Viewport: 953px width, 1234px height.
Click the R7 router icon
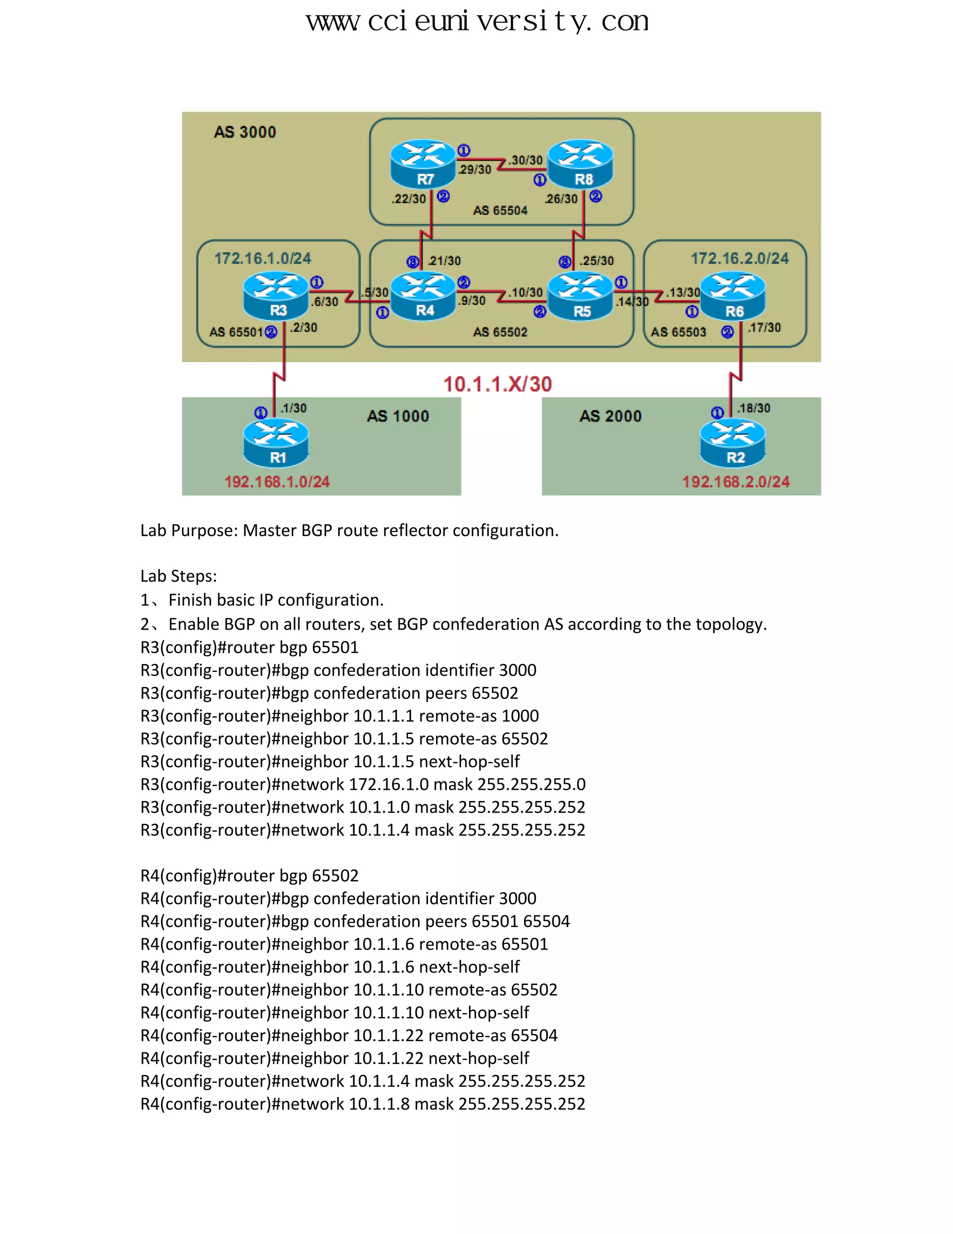(423, 164)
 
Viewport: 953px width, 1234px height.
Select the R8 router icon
(580, 164)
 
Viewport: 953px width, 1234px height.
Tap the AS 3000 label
(244, 132)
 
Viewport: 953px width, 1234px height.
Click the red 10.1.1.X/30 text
(497, 384)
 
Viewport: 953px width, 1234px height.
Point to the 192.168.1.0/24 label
(277, 482)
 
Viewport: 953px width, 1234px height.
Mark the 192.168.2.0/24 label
(736, 482)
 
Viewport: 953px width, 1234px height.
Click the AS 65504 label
(500, 210)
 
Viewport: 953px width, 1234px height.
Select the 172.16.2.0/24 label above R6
(739, 258)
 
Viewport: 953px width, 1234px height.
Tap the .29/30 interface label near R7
(474, 170)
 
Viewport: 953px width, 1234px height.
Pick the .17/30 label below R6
(765, 328)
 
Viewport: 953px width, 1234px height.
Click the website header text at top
(477, 21)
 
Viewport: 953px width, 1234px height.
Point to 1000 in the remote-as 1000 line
(520, 716)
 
